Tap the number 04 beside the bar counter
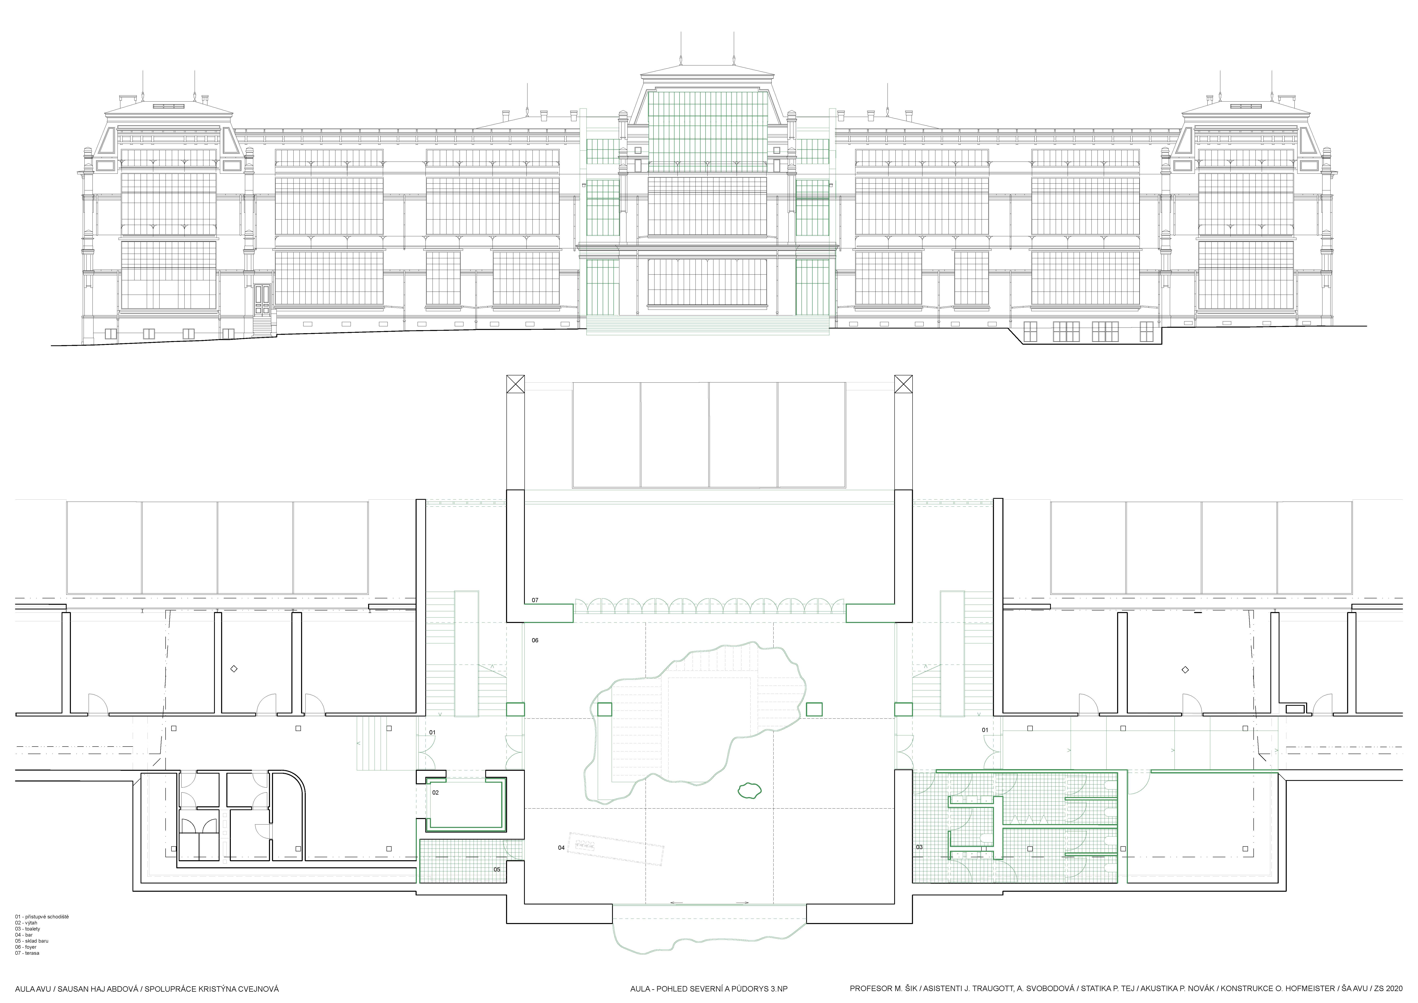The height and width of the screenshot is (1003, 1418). (561, 847)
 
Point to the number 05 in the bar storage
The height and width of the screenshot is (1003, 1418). (497, 869)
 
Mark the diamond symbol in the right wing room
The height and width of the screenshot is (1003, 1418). (1185, 669)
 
